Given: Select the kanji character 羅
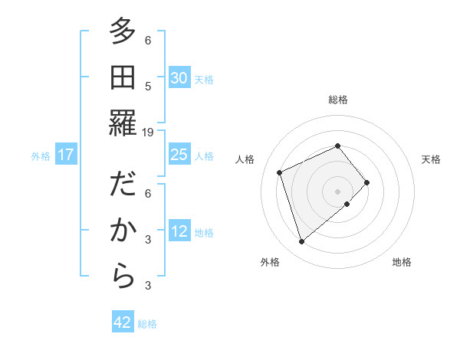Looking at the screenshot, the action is (123, 123).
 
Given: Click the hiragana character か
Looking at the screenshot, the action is (123, 231).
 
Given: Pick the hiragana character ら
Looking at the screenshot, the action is (123, 277).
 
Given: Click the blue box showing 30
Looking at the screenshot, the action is (179, 78).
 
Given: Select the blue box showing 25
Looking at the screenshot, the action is (179, 155).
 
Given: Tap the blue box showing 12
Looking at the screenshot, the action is (179, 231).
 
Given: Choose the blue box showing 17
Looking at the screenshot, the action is (66, 155).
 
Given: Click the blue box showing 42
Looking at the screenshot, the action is (123, 322).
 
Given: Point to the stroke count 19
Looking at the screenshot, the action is (148, 133).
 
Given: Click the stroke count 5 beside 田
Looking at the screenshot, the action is (148, 87).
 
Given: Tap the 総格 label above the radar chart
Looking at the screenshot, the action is (337, 100).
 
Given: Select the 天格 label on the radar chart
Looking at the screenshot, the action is (431, 159).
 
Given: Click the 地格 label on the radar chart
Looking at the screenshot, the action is (402, 262).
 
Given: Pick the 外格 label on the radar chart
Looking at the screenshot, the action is (270, 262).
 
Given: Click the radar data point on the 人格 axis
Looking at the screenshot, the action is (281, 172).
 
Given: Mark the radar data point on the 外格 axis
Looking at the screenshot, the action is (301, 242).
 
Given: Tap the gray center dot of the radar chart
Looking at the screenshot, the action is (337, 191).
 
